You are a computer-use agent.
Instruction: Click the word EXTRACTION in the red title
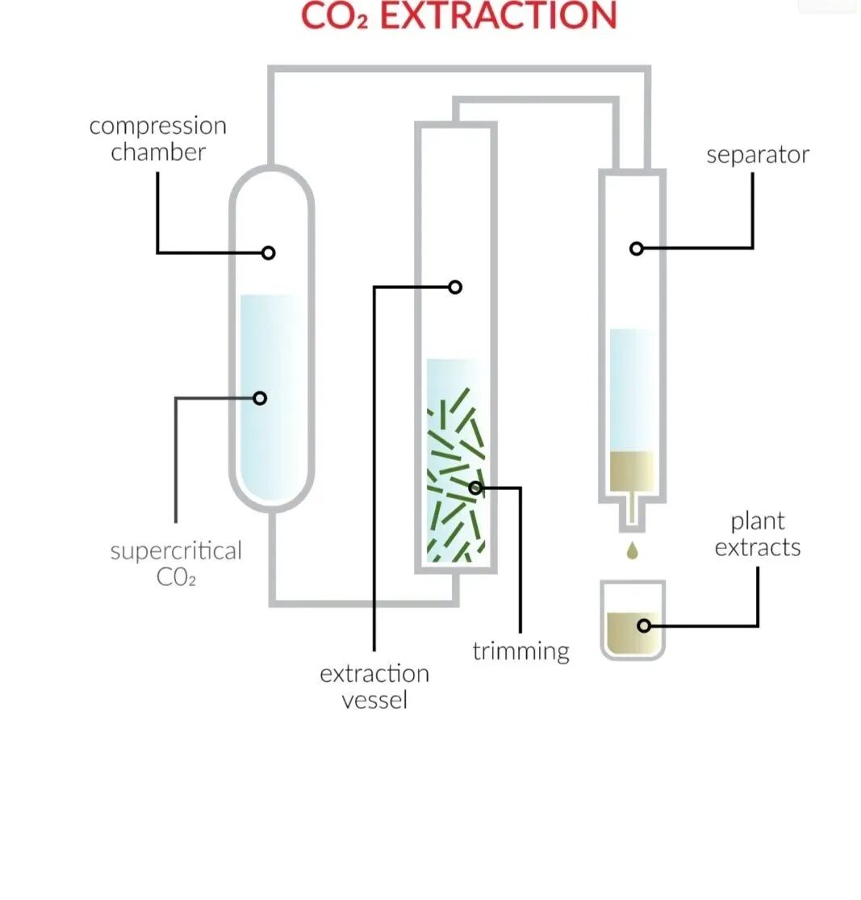coord(498,16)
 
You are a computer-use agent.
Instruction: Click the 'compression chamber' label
coord(157,139)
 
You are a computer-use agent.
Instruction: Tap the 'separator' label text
coord(757,155)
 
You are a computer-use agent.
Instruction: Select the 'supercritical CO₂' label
coord(175,563)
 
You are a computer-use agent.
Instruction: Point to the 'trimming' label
coord(520,651)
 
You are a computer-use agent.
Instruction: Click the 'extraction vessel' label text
coord(374,686)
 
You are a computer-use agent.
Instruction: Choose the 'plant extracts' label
coord(757,534)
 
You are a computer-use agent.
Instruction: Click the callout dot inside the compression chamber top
coord(269,253)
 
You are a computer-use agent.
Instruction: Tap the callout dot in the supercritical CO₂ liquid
coord(260,398)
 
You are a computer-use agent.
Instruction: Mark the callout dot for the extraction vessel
coord(455,287)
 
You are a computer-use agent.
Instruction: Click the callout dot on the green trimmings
coord(475,488)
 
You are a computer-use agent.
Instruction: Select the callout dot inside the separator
coord(636,249)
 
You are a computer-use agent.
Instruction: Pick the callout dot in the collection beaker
coord(643,626)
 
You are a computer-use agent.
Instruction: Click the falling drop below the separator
coord(633,551)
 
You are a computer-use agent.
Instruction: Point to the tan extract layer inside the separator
coord(632,468)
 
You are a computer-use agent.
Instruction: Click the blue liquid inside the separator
coord(632,387)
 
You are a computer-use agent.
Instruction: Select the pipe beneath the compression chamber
coord(273,557)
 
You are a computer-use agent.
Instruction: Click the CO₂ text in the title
coord(334,16)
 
